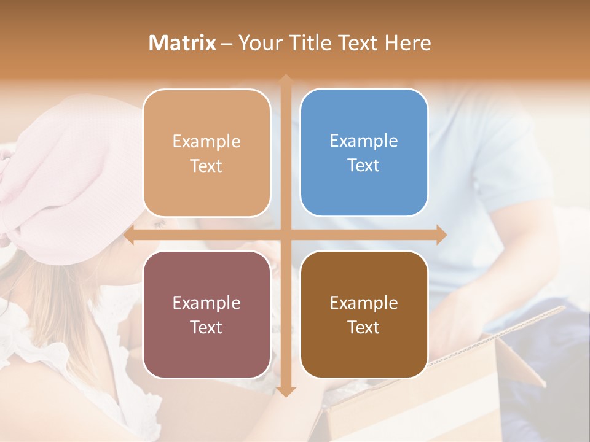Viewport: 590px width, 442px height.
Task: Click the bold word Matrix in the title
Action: click(183, 43)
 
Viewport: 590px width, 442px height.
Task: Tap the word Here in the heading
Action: click(407, 43)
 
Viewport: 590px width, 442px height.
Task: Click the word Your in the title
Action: click(258, 43)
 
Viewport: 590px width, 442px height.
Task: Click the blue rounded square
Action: click(364, 152)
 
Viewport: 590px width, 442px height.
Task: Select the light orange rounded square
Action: click(206, 153)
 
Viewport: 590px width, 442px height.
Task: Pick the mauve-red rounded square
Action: click(206, 314)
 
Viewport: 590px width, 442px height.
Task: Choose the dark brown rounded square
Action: click(364, 314)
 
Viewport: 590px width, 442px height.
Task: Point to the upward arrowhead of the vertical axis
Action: click(286, 79)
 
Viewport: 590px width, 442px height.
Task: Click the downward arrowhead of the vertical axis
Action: click(286, 392)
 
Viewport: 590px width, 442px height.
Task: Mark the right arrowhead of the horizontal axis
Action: click(442, 235)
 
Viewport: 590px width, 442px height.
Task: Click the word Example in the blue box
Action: click(364, 141)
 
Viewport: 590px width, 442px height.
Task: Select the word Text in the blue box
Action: click(364, 165)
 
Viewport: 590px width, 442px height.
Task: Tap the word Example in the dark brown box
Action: click(364, 303)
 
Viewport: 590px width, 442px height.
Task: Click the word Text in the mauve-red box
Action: click(206, 327)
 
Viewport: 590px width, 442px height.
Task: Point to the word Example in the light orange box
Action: click(206, 141)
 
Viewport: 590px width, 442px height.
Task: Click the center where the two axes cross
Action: click(286, 235)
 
